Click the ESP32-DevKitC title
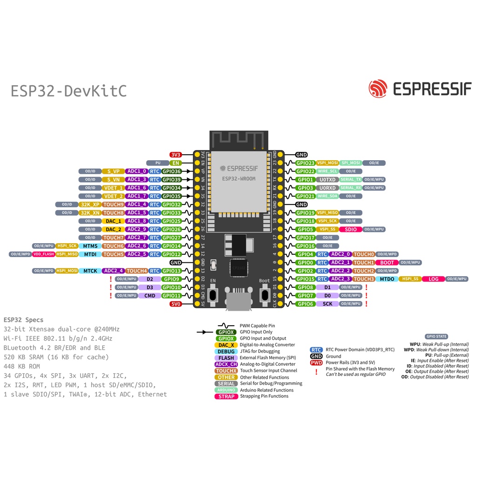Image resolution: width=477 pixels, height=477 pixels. point(68,91)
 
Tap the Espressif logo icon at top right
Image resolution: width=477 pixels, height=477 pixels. point(378,89)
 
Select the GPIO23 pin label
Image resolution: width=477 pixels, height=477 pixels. point(306,163)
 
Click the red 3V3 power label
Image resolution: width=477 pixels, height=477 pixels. point(176,155)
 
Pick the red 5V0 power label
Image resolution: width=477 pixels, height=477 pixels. point(176,304)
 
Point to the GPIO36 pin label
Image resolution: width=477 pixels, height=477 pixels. point(171,171)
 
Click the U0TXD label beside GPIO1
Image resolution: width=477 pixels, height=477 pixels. point(328,180)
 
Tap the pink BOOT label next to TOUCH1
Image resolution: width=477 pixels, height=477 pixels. point(387,263)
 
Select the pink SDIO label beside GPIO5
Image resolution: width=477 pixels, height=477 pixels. point(351,229)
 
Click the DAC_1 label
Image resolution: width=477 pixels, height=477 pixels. point(113,221)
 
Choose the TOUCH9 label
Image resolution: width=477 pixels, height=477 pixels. point(113,204)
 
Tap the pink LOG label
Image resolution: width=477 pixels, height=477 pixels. point(433,279)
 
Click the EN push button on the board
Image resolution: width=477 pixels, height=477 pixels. point(213,294)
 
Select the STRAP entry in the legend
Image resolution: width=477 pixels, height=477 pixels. point(226,396)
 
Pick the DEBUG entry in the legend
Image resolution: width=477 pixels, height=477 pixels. point(226,351)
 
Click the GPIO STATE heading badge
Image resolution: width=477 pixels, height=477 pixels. point(436,336)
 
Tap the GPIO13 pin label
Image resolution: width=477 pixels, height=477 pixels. point(171,271)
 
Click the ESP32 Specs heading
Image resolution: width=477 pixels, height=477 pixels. point(23,320)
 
